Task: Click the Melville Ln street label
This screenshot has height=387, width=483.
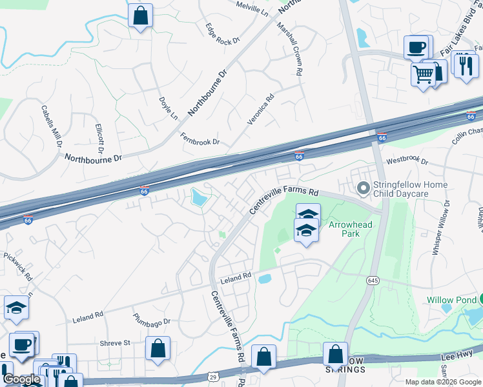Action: tap(252, 8)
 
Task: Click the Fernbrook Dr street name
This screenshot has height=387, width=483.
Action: tap(200, 138)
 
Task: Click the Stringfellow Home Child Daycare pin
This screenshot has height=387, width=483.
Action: tap(363, 188)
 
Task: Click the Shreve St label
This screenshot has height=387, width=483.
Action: tap(115, 342)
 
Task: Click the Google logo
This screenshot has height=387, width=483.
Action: tap(21, 379)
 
